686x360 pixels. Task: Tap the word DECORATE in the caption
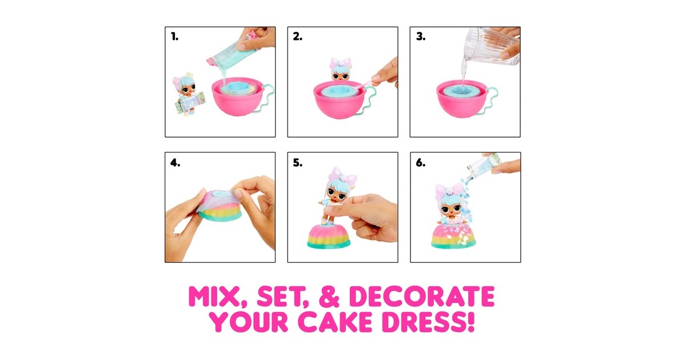click(422, 297)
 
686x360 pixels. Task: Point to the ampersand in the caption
click(329, 297)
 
